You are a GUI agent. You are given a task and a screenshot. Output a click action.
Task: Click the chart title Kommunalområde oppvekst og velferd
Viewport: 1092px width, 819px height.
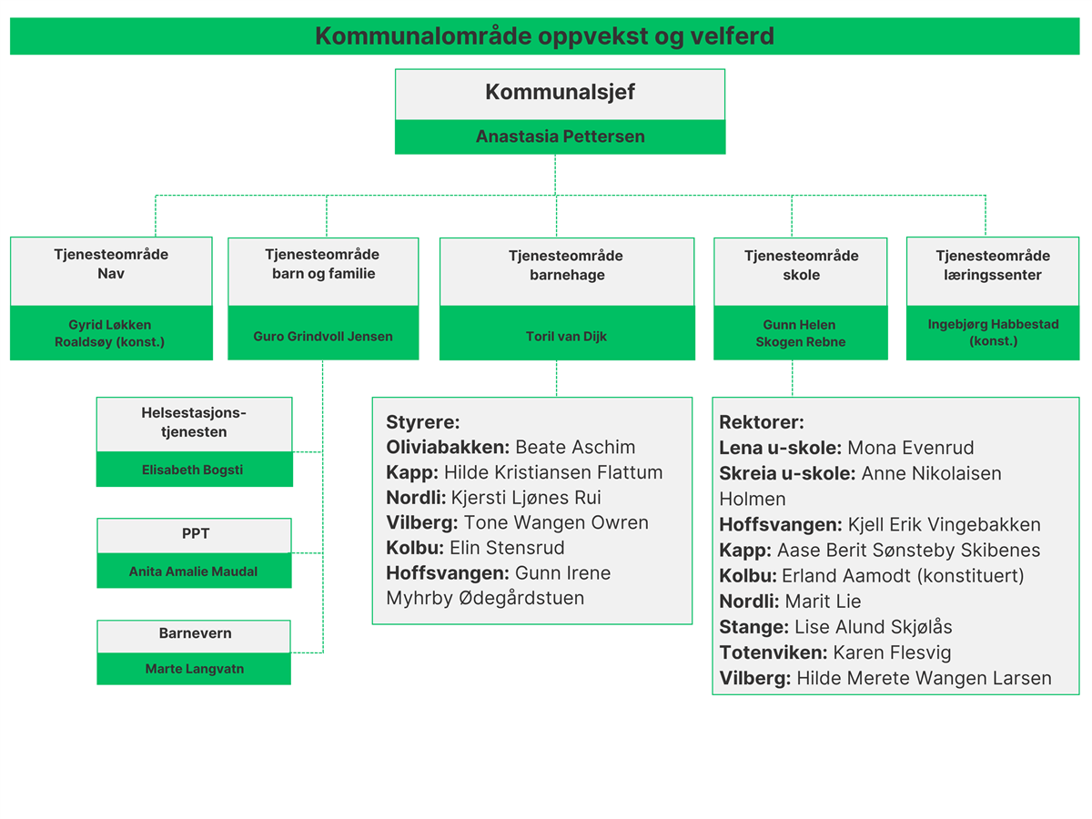click(544, 36)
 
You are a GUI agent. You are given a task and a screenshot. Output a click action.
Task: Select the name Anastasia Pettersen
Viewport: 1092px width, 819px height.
click(560, 136)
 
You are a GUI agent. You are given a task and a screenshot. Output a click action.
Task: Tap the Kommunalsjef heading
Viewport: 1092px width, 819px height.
click(560, 92)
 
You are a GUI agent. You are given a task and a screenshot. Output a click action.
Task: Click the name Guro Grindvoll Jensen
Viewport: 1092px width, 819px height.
click(323, 336)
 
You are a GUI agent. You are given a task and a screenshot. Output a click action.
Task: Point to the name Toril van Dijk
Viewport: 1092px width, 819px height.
click(566, 336)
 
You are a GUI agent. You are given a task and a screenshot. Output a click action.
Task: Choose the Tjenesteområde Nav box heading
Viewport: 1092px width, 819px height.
click(111, 264)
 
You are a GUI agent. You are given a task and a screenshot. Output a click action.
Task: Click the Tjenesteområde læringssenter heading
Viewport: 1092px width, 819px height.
click(993, 265)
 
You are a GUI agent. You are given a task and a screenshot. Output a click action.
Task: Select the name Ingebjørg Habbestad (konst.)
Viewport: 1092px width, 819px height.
click(993, 332)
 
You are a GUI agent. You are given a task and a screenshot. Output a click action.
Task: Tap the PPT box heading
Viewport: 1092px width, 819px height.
click(196, 533)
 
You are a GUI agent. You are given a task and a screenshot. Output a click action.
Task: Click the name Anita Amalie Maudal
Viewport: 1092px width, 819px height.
click(194, 571)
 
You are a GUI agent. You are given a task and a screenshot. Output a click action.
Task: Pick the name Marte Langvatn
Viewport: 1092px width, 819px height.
click(195, 669)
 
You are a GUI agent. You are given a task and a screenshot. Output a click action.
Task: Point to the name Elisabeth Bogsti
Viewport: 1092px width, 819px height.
click(193, 470)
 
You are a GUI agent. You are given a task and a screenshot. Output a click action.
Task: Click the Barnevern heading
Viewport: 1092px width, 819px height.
click(195, 633)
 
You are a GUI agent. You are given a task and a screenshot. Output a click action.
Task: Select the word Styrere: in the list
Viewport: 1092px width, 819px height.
click(423, 422)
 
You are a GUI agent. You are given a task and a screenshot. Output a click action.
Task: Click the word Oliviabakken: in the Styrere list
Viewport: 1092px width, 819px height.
click(448, 447)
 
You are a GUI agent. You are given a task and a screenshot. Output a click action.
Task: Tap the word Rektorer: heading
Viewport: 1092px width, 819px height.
click(761, 422)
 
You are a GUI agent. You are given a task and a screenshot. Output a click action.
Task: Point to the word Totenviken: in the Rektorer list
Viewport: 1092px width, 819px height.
click(773, 652)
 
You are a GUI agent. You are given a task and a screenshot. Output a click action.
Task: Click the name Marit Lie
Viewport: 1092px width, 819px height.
click(823, 602)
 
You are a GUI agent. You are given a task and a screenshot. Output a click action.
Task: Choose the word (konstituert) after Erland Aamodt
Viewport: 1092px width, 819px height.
click(970, 576)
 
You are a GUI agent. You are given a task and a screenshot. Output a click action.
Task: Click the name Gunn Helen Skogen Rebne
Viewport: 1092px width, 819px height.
click(801, 333)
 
